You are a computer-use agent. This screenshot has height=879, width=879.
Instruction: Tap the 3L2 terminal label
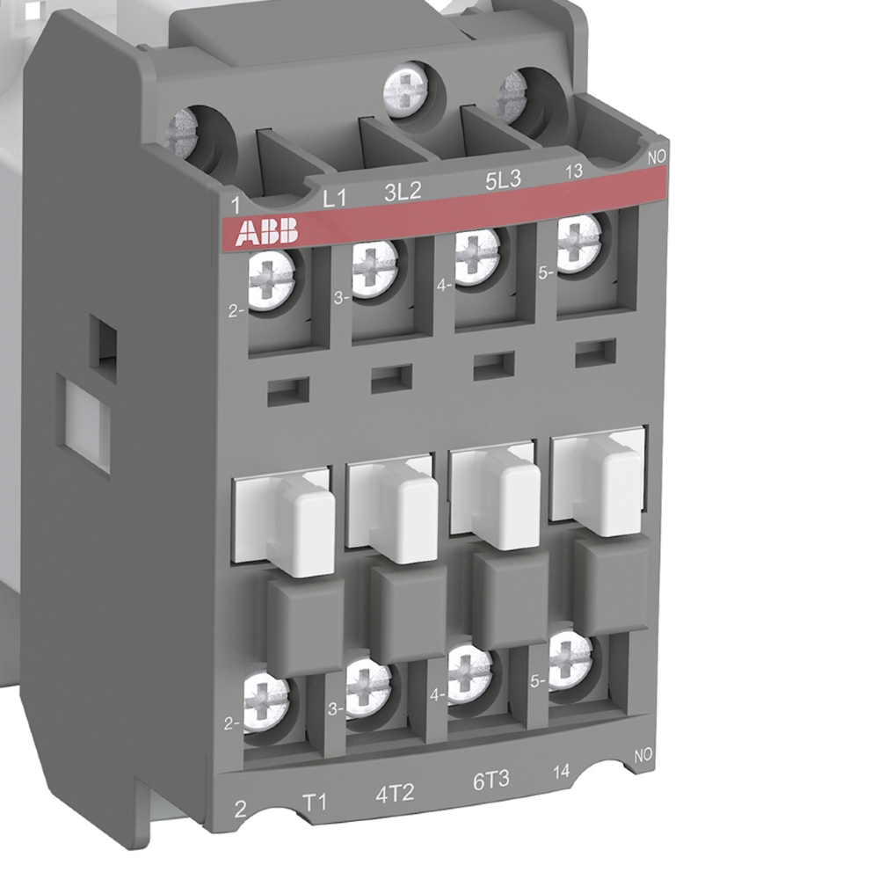tap(403, 192)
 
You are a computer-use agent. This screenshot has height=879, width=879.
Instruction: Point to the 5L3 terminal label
tap(503, 179)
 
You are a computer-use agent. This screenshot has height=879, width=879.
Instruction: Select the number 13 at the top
tap(573, 171)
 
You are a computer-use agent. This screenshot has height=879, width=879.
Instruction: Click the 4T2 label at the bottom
tap(395, 793)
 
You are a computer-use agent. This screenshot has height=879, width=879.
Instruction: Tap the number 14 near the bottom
tap(561, 772)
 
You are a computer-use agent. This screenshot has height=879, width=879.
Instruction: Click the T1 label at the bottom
tap(315, 803)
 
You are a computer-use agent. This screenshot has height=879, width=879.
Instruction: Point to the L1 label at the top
tap(335, 199)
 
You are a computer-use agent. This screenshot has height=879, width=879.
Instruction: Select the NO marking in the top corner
tap(657, 157)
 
